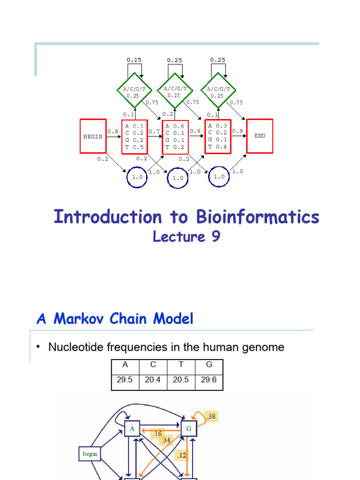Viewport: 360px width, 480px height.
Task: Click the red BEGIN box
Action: click(93, 136)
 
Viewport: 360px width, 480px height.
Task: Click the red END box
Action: click(260, 136)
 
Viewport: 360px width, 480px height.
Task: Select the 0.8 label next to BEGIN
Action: click(112, 132)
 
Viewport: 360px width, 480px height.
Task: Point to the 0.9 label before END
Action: click(238, 131)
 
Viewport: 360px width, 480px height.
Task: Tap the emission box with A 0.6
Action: click(175, 136)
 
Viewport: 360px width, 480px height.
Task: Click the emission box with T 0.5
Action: click(135, 136)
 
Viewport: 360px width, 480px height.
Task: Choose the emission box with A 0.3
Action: click(217, 136)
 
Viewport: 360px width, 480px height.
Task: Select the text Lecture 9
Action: click(187, 237)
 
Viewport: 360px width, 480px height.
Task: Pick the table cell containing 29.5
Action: click(125, 380)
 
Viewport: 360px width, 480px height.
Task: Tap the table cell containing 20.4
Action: click(153, 380)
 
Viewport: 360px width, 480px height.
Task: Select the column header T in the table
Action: click(181, 365)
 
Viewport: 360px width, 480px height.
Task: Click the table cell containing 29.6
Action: click(209, 380)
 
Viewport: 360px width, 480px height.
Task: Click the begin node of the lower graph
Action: click(90, 454)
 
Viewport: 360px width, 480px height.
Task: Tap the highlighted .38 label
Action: click(210, 416)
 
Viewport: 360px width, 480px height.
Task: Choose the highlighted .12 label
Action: click(181, 455)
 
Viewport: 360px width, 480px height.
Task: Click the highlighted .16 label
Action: click(157, 434)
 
